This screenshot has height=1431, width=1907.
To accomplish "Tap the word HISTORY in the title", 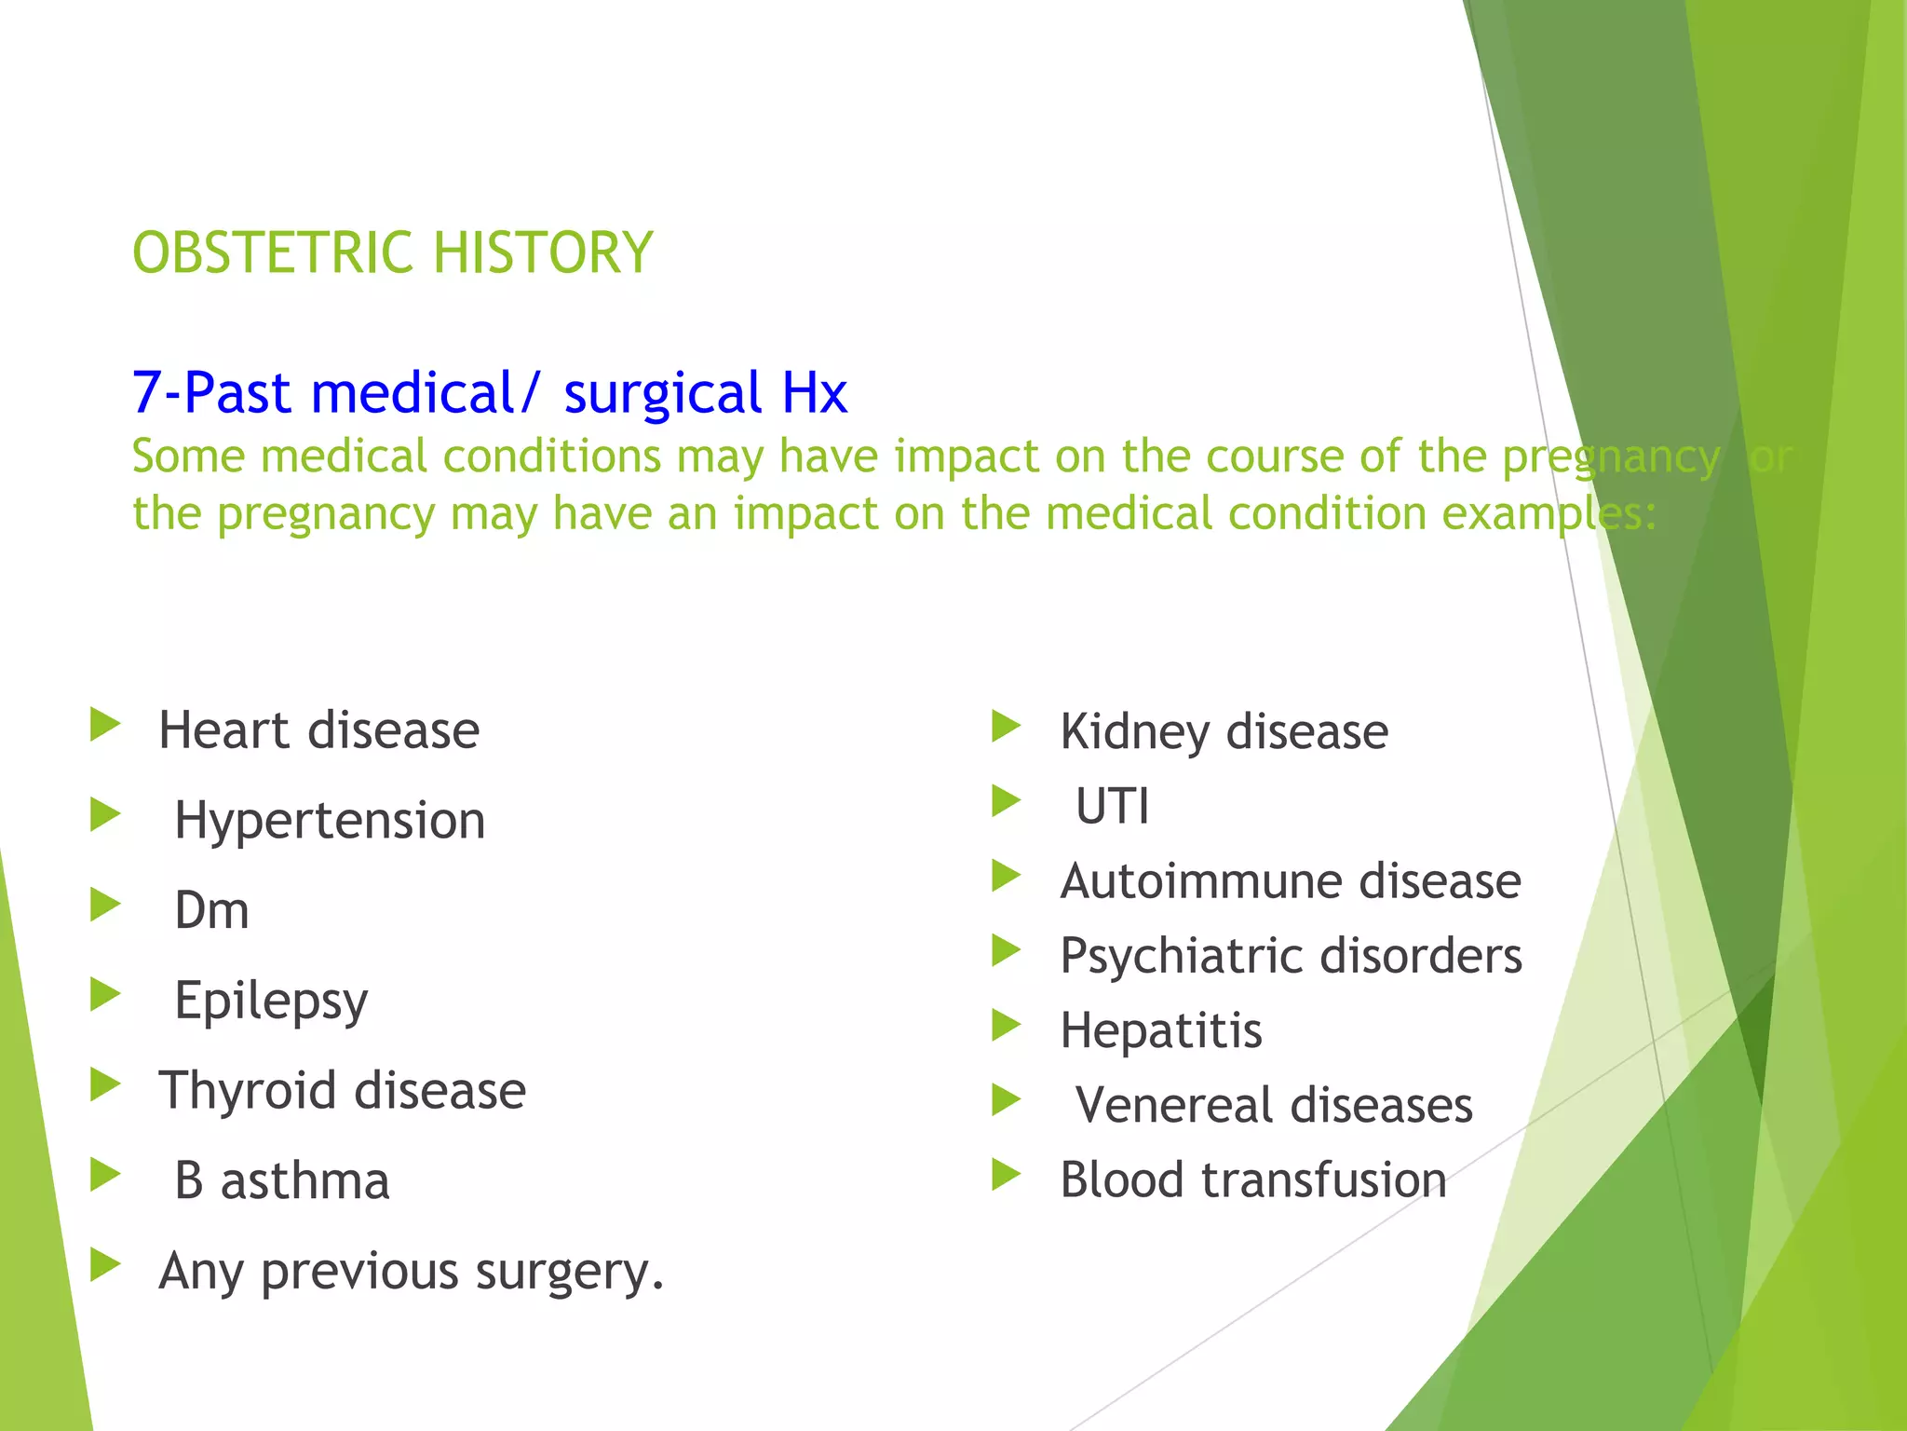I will click(543, 252).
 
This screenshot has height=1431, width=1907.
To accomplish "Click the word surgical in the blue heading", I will click(663, 393).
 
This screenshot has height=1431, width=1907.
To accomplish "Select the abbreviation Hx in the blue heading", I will click(814, 393).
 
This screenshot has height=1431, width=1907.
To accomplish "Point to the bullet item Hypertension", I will click(330, 821).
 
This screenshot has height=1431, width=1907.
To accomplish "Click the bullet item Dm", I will click(212, 910).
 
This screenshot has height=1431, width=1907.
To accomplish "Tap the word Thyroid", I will click(247, 1090).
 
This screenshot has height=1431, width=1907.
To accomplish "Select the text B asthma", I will click(281, 1180).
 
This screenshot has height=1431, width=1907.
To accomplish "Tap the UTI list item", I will click(1112, 806).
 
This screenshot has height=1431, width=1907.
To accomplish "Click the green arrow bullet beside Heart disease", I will click(105, 725).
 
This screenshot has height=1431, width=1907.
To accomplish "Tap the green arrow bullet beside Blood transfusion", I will click(1007, 1175).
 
